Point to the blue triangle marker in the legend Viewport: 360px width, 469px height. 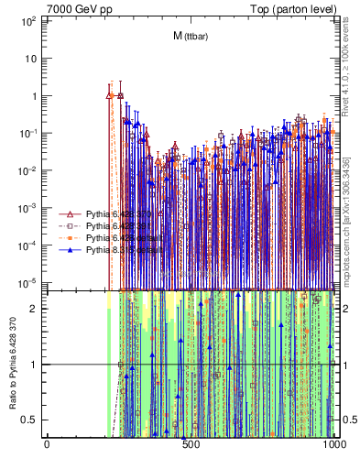click(x=70, y=249)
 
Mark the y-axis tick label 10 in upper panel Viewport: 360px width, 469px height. click(x=32, y=58)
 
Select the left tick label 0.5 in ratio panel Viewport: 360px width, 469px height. click(x=33, y=420)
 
